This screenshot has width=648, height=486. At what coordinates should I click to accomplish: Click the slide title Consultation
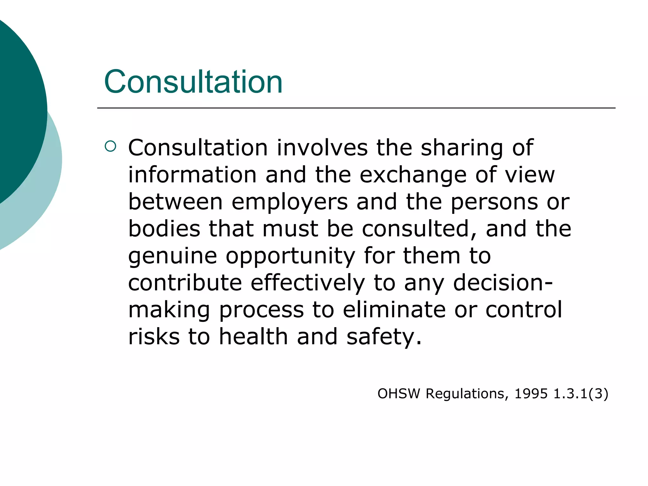pos(193,82)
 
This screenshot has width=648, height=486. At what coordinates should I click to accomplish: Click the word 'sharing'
pos(462,148)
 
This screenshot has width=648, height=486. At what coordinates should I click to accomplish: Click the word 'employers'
pos(290,202)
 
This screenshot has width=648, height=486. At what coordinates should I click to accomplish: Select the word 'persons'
pos(494,202)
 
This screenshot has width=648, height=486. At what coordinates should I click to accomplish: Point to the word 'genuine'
pos(172,256)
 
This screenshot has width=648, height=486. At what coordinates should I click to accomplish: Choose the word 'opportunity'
pos(290,256)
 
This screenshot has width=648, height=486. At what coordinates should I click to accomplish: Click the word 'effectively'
pos(308,283)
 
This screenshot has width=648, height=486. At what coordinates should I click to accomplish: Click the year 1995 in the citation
pos(531,394)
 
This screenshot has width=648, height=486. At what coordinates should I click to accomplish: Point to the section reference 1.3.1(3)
pos(581,394)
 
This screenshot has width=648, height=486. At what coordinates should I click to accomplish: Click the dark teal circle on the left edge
pos(19,108)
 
